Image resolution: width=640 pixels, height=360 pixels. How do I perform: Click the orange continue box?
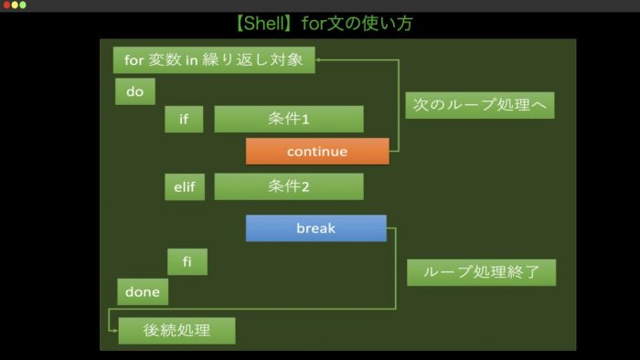click(x=317, y=152)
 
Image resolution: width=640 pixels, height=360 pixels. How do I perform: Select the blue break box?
click(x=315, y=228)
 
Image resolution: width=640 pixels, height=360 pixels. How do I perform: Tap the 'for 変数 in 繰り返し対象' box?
click(x=214, y=61)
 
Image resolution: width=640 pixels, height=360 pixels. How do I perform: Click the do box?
click(x=135, y=92)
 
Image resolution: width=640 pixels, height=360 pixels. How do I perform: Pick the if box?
click(x=184, y=120)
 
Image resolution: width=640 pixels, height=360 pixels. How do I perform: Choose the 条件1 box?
click(x=289, y=120)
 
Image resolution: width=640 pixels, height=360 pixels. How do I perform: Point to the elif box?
click(x=184, y=187)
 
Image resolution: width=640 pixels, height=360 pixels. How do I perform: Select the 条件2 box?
click(x=289, y=187)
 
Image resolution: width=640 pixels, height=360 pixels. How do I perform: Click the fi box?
click(x=187, y=262)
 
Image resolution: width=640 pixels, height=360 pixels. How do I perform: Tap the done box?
click(x=143, y=292)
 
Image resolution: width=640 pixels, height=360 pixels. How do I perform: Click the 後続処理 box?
click(x=176, y=331)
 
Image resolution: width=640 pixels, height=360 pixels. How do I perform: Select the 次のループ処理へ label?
click(x=480, y=106)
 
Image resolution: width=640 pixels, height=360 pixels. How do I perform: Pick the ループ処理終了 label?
click(x=481, y=272)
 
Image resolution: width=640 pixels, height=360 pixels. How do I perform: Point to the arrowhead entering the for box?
click(x=322, y=61)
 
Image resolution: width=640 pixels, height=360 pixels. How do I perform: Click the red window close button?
click(x=6, y=5)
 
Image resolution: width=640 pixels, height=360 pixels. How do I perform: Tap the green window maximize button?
click(x=23, y=5)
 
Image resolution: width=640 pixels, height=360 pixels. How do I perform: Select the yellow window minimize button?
click(x=15, y=5)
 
